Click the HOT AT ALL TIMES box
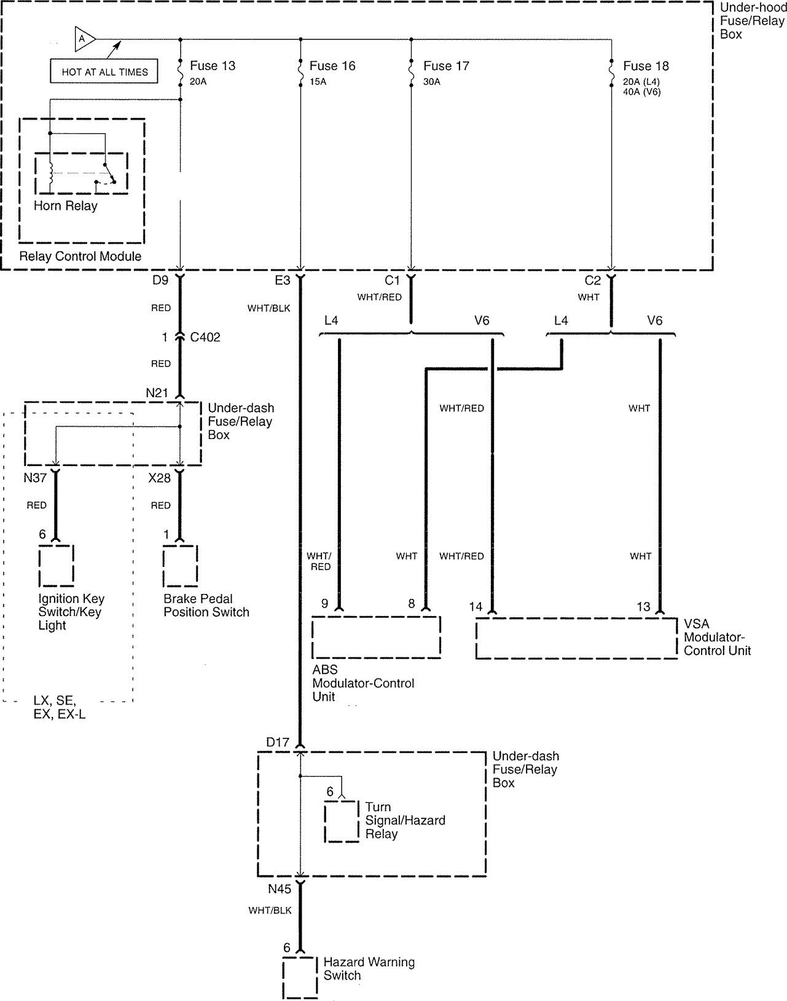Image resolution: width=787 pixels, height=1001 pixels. [104, 71]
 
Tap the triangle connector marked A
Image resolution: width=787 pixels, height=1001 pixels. [84, 39]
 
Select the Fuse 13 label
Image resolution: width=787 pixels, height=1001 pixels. [213, 66]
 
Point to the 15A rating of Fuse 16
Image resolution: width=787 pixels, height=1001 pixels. [318, 82]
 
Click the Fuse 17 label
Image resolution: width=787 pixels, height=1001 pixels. [446, 66]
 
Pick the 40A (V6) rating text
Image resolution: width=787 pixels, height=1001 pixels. [641, 92]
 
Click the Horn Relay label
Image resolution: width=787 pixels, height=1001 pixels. [66, 205]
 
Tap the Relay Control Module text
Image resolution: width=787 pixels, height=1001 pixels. [80, 256]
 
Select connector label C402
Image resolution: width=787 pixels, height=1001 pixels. [205, 337]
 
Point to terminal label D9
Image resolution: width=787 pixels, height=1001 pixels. [160, 280]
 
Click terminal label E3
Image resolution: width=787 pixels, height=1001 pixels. [283, 280]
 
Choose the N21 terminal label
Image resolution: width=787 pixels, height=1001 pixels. [157, 393]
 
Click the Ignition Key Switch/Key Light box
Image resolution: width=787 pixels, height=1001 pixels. [57, 566]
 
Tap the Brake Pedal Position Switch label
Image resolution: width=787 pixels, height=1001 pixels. [206, 605]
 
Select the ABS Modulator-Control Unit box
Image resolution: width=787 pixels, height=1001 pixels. [376, 637]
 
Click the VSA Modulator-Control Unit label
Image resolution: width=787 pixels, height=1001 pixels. [717, 637]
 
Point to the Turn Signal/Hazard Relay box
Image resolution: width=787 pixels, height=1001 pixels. [342, 821]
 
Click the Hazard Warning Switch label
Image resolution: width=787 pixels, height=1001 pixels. [369, 968]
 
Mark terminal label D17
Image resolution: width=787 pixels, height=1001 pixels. [278, 742]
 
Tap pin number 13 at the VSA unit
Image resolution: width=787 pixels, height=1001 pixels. [643, 606]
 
